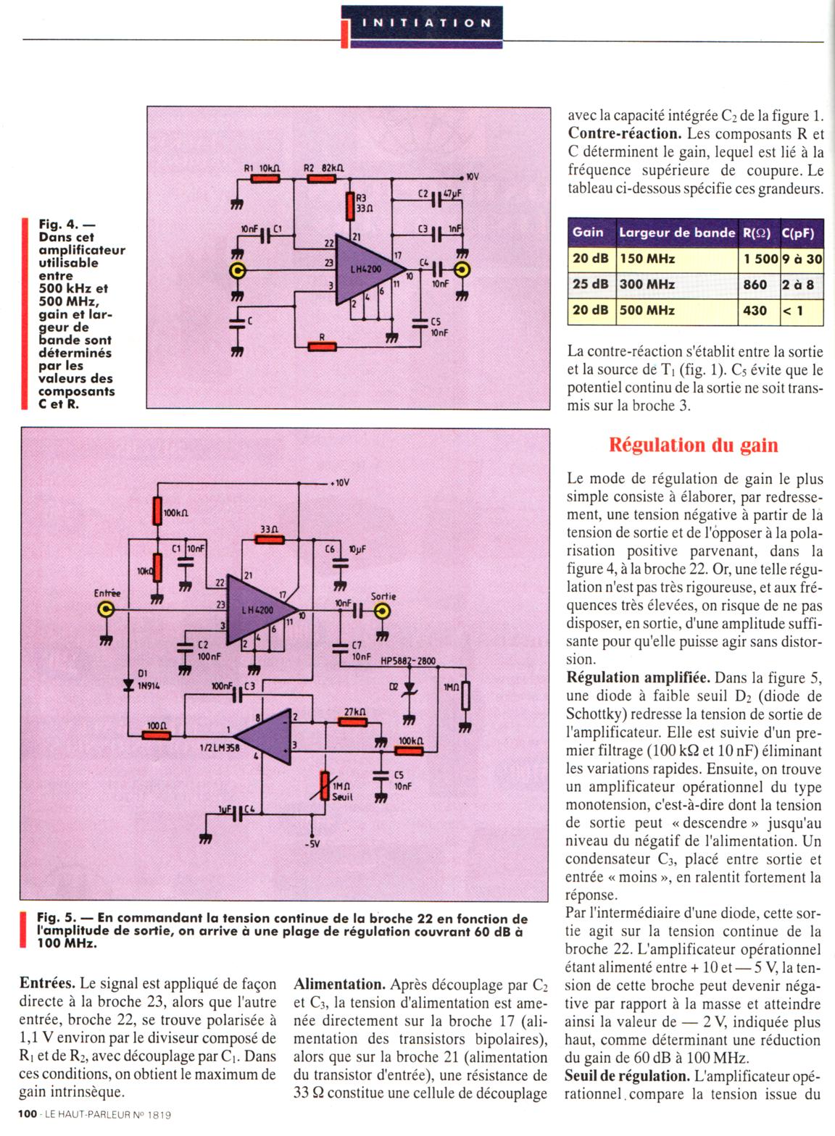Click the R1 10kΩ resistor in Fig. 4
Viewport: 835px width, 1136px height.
click(x=265, y=177)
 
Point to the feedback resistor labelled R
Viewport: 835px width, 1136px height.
click(x=322, y=346)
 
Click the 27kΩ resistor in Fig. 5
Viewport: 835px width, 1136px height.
click(x=354, y=721)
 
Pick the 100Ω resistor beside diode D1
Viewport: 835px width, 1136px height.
click(x=157, y=735)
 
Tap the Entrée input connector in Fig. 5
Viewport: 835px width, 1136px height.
click(x=107, y=611)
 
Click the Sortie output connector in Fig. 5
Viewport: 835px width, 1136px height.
click(x=383, y=611)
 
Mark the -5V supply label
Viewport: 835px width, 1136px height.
click(x=313, y=843)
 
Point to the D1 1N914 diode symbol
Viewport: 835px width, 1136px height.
click(x=129, y=682)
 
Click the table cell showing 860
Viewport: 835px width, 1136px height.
click(x=755, y=285)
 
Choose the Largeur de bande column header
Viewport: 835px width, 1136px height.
click(x=676, y=233)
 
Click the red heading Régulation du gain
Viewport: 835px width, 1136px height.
click(x=694, y=444)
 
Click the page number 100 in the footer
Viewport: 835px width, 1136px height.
click(x=28, y=1115)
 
